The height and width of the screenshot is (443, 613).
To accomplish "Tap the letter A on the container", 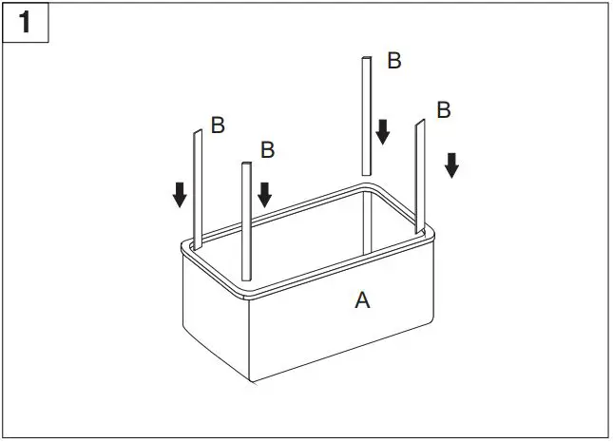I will coord(362,300).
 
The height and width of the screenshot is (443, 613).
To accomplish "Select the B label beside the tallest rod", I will coord(393,61).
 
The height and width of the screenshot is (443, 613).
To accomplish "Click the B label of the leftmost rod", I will coord(218,125).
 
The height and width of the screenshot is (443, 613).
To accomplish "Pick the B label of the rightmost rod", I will coord(443,109).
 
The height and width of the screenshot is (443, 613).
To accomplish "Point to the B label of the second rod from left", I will coord(267,149).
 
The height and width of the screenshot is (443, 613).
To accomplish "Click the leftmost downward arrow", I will coord(180,194).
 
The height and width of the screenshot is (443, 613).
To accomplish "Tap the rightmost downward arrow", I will coord(451,164).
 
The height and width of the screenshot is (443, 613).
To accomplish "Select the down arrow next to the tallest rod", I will coord(382,131).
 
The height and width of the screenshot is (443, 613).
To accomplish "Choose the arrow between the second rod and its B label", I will coord(264,194).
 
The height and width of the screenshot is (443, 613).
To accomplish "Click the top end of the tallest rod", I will coord(365,61).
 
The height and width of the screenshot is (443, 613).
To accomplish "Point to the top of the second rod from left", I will coord(247,165).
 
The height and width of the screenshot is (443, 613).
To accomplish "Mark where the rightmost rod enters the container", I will coord(416,229).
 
